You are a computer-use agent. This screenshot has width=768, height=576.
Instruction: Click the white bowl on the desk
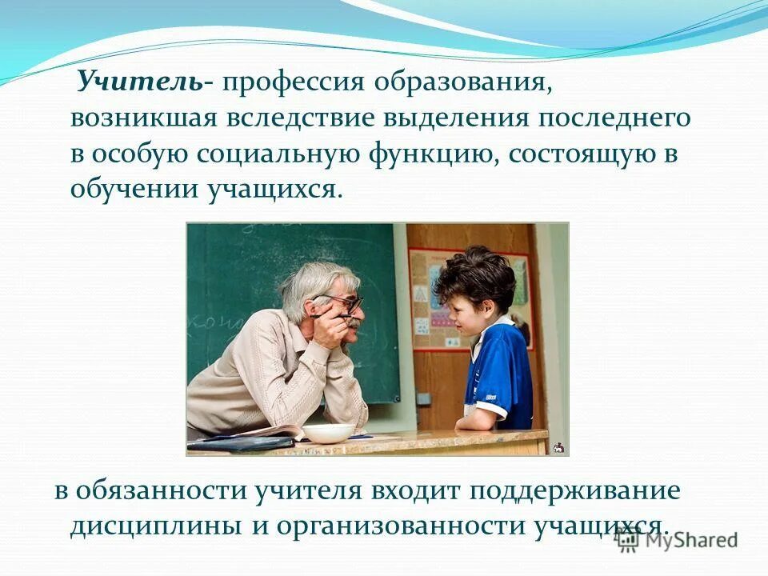tap(328, 434)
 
